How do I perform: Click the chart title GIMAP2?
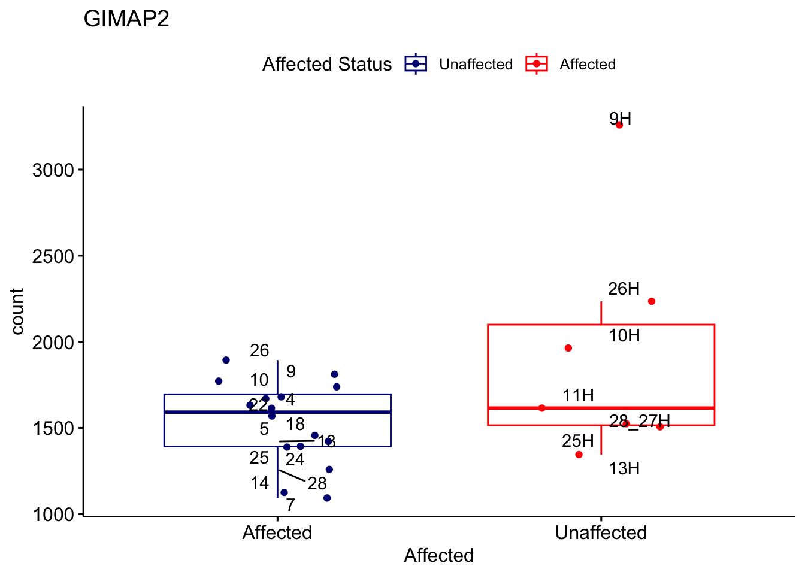pyautogui.click(x=126, y=19)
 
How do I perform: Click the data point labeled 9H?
pyautogui.click(x=619, y=125)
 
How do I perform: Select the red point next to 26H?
pyautogui.click(x=652, y=301)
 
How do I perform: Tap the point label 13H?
pyautogui.click(x=624, y=469)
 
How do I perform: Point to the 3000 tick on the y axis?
pyautogui.click(x=53, y=170)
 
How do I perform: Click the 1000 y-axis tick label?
pyautogui.click(x=53, y=515)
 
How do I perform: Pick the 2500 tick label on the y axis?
pyautogui.click(x=53, y=256)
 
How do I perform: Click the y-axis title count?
pyautogui.click(x=17, y=311)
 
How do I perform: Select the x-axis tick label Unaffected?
pyautogui.click(x=601, y=532)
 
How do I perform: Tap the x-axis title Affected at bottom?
pyautogui.click(x=438, y=556)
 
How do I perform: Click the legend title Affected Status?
pyautogui.click(x=327, y=65)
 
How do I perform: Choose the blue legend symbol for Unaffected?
pyautogui.click(x=416, y=64)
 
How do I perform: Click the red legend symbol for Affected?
pyautogui.click(x=537, y=64)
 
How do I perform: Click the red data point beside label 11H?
pyautogui.click(x=542, y=408)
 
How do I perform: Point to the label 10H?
pyautogui.click(x=624, y=336)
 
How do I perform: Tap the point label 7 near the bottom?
pyautogui.click(x=290, y=506)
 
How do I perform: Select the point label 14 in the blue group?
pyautogui.click(x=260, y=483)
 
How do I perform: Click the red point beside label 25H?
pyautogui.click(x=579, y=455)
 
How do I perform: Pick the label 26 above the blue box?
pyautogui.click(x=259, y=351)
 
